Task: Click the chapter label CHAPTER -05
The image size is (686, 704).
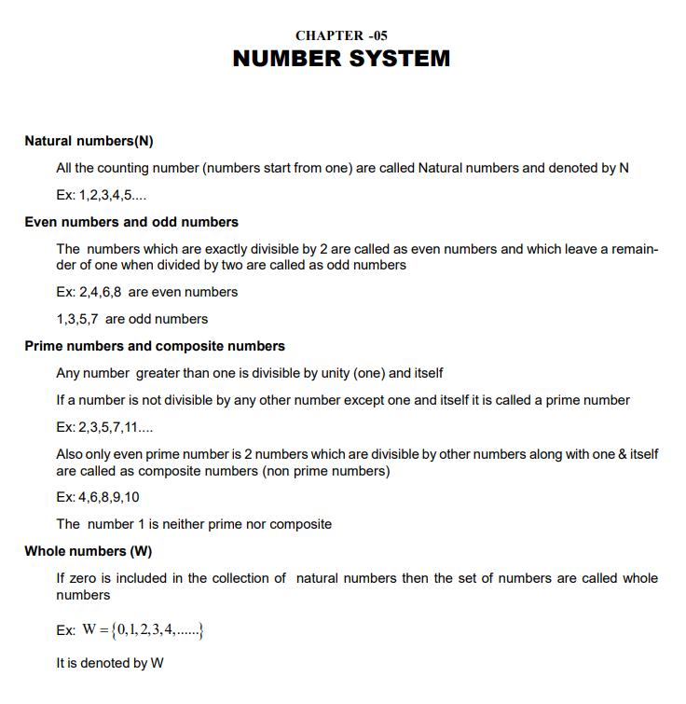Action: coord(341,36)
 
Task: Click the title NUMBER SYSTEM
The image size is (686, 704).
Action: coord(341,59)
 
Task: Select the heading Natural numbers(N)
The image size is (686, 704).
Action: coord(89,142)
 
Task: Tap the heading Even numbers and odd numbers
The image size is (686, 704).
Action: coord(131,222)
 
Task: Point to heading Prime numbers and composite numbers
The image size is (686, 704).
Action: coord(155,346)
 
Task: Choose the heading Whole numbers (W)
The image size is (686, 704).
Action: coord(88,551)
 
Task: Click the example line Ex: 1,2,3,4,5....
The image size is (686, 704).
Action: coord(101,196)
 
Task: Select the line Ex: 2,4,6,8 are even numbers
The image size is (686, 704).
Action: coord(147,292)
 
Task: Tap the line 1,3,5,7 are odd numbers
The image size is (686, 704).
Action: coord(132,319)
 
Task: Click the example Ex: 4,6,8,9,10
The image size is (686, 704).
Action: coord(99,497)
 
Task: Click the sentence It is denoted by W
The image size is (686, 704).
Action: coord(111,664)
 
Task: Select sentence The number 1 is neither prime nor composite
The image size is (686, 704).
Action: coord(194,524)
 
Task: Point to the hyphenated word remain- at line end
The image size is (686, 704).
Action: coord(633,249)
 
